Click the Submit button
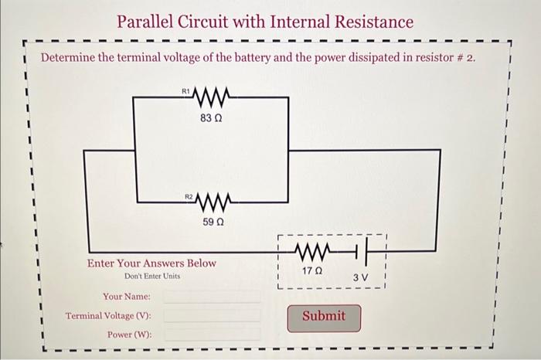[323, 317]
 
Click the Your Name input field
[212, 297]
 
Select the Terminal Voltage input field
[212, 316]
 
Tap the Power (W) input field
[212, 335]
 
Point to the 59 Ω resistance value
[213, 222]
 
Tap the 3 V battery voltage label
[361, 277]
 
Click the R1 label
[185, 92]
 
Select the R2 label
[189, 198]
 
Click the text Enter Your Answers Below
[151, 263]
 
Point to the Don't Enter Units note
[151, 276]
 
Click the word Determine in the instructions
[69, 58]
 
